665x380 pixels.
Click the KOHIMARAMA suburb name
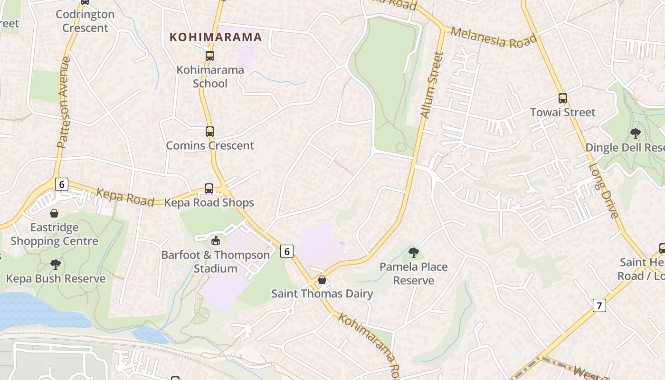click(x=216, y=37)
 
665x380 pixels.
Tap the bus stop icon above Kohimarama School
click(x=210, y=56)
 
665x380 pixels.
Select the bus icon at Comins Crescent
click(x=210, y=132)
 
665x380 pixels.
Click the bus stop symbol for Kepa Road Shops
click(x=209, y=189)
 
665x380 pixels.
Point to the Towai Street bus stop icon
click(x=563, y=98)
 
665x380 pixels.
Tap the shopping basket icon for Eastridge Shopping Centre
click(x=54, y=213)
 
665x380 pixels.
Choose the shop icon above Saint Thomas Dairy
click(x=322, y=280)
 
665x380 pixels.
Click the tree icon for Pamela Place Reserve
click(x=414, y=253)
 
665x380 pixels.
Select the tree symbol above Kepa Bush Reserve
click(x=56, y=264)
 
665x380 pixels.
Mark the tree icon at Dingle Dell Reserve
click(x=636, y=133)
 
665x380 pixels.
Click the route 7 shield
click(x=599, y=305)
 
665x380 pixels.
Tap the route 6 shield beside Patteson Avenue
click(x=61, y=184)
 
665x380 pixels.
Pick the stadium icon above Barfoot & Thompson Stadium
click(x=216, y=240)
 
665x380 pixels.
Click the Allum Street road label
click(x=432, y=85)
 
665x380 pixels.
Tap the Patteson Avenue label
click(x=64, y=102)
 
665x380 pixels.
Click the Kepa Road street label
click(x=125, y=197)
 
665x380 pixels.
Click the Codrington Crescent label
click(x=85, y=21)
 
